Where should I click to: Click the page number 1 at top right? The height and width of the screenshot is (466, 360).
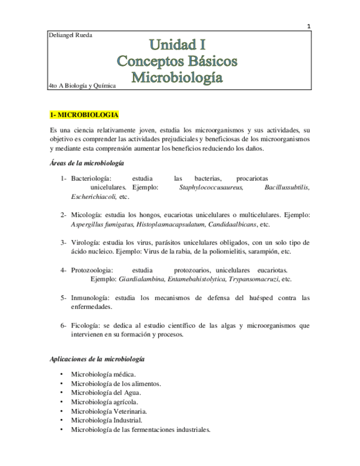(308, 26)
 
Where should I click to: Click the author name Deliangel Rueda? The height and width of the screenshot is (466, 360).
(71, 36)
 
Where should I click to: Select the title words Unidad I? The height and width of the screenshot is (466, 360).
(177, 43)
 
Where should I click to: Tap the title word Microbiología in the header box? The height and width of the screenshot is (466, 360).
(177, 76)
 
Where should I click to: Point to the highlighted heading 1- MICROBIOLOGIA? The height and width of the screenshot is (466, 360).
(84, 115)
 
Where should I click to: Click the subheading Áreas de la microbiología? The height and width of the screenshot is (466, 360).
(86, 163)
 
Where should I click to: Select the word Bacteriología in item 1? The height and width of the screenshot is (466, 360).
(91, 179)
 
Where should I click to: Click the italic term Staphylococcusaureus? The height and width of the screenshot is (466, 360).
(211, 187)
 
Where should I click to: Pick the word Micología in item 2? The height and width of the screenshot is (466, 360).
(85, 214)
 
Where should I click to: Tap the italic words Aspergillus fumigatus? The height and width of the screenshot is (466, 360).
(102, 224)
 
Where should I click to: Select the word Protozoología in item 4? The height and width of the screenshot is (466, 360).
(92, 270)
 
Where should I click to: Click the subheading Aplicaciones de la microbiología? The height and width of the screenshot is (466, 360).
(97, 358)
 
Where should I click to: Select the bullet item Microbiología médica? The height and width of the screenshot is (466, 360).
(103, 374)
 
